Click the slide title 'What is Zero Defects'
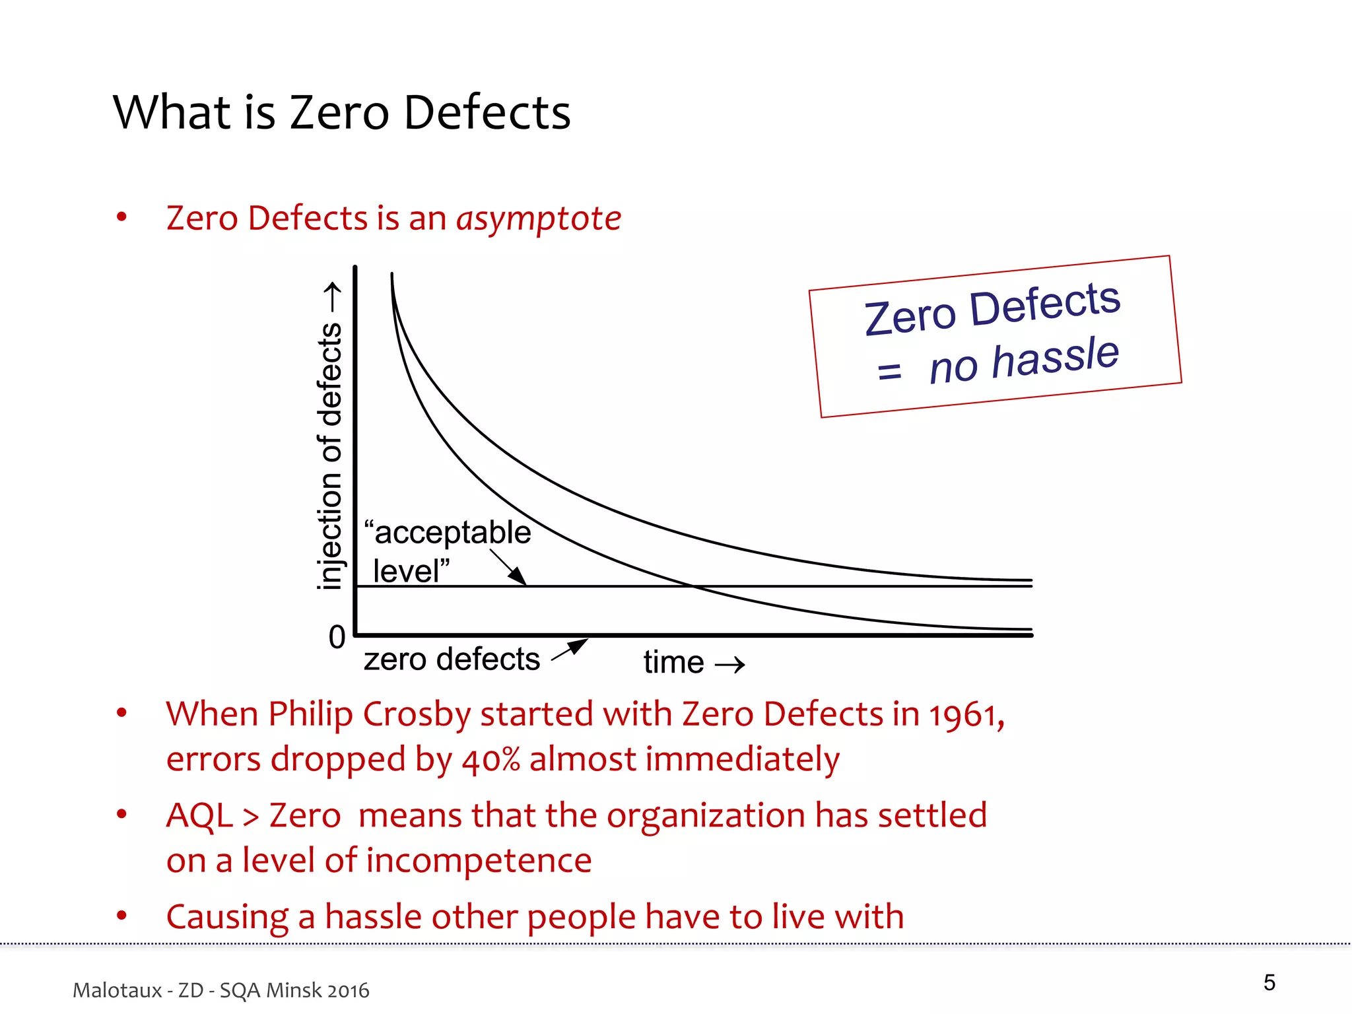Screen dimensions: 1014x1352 (x=341, y=112)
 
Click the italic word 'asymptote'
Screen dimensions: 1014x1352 (x=539, y=219)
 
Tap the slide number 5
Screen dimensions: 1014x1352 (x=1269, y=982)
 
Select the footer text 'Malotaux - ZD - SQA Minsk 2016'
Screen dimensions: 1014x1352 (x=220, y=990)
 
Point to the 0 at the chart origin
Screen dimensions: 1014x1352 (x=337, y=637)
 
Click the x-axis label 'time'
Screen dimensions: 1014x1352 (x=673, y=662)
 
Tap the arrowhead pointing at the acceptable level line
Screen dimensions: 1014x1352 (x=519, y=578)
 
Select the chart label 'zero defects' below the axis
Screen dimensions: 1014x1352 (x=452, y=659)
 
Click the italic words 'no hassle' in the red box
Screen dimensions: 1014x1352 (x=1024, y=360)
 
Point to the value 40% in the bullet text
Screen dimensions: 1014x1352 (x=491, y=760)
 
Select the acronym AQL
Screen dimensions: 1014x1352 (x=200, y=816)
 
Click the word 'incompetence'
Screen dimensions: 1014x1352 (x=479, y=861)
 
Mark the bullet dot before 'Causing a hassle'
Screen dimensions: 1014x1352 (x=121, y=916)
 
